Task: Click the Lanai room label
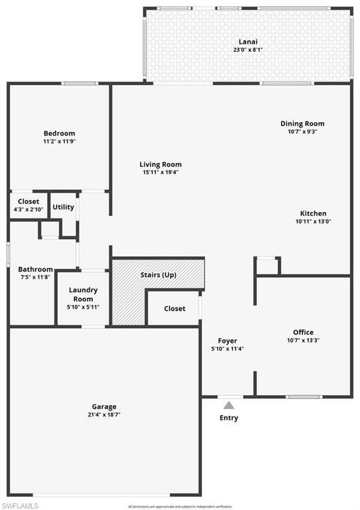click(x=249, y=41)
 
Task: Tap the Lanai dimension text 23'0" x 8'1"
click(x=249, y=50)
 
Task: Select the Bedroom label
click(x=59, y=133)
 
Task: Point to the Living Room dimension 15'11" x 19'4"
click(x=160, y=173)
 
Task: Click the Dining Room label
click(x=302, y=124)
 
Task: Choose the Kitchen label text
click(x=312, y=213)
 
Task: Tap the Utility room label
click(x=63, y=207)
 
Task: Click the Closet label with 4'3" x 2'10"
click(x=29, y=201)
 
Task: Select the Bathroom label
click(x=35, y=269)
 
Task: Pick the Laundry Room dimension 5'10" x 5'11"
click(x=83, y=306)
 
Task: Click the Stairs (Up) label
click(x=158, y=275)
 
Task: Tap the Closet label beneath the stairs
click(x=174, y=309)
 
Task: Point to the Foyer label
click(x=227, y=341)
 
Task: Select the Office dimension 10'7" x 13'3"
click(x=303, y=341)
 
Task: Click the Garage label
click(x=104, y=406)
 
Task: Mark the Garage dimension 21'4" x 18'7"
click(x=104, y=415)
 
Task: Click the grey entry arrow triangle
click(x=228, y=404)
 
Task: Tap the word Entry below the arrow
click(x=228, y=418)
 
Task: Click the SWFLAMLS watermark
click(x=20, y=505)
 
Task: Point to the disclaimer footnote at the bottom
click(x=179, y=506)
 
